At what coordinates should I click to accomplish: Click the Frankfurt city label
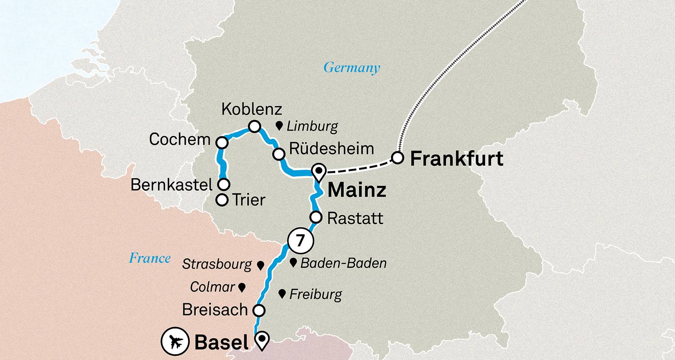pos(457,159)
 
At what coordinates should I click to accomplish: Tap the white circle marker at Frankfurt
pos(397,158)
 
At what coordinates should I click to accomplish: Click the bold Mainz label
pos(357,190)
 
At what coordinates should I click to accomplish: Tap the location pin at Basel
pos(261,340)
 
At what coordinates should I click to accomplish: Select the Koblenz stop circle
pos(255,127)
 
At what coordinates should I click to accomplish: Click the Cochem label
pos(180,139)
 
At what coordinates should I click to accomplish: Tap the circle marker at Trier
pos(222,200)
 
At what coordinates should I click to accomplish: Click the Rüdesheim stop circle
pos(279,154)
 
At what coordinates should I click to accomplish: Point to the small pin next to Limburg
pos(279,126)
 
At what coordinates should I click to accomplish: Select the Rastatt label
pos(355,219)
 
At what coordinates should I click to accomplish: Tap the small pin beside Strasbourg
pos(260,265)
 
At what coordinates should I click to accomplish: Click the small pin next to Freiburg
pos(282,294)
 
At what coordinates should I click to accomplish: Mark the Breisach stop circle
pos(258,310)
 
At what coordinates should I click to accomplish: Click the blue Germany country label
pos(352,68)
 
